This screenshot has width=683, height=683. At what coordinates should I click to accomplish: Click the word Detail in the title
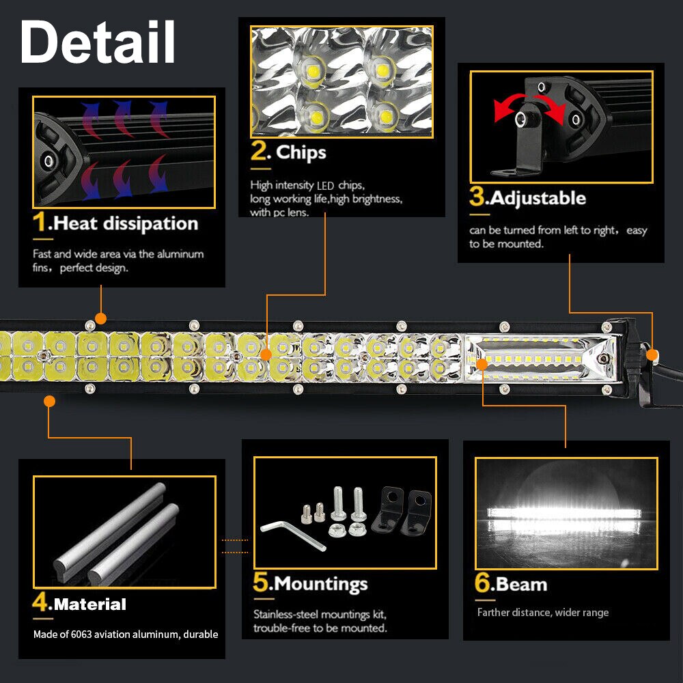tap(98, 42)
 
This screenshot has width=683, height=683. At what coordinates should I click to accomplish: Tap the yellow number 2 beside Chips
tap(260, 152)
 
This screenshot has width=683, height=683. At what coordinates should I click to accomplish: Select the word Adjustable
tap(538, 198)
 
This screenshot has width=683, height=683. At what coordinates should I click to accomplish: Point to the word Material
tap(89, 604)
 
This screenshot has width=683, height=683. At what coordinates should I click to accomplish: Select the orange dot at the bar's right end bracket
tap(652, 354)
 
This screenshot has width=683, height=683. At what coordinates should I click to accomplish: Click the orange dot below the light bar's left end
tap(49, 401)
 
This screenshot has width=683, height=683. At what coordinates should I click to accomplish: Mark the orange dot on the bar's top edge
tap(101, 318)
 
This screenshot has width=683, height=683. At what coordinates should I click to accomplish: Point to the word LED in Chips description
tap(325, 185)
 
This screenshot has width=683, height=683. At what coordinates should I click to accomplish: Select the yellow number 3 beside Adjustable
tap(476, 197)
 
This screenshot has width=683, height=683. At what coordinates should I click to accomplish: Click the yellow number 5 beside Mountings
tap(261, 583)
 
